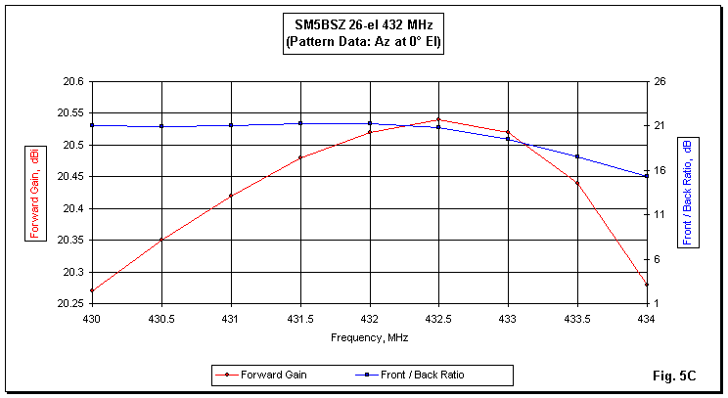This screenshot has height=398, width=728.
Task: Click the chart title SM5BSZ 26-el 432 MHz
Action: tap(363, 26)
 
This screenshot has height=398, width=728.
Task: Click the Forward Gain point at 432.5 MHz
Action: tap(438, 119)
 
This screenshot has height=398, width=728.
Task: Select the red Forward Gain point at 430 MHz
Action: tap(92, 290)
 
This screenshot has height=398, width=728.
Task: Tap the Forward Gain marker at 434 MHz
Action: tap(647, 285)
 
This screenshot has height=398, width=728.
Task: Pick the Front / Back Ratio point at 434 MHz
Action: tap(647, 176)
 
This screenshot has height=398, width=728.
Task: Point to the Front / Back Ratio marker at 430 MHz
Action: tap(92, 125)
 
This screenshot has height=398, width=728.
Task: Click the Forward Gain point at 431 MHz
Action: tap(231, 196)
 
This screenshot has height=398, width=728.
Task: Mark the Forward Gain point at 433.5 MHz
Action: tap(577, 183)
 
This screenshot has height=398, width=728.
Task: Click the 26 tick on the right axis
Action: tap(660, 81)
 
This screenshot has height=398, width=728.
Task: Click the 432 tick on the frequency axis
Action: tap(369, 320)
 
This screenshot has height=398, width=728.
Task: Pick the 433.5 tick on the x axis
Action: tap(577, 320)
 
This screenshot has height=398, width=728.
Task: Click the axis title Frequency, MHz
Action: tap(369, 337)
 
